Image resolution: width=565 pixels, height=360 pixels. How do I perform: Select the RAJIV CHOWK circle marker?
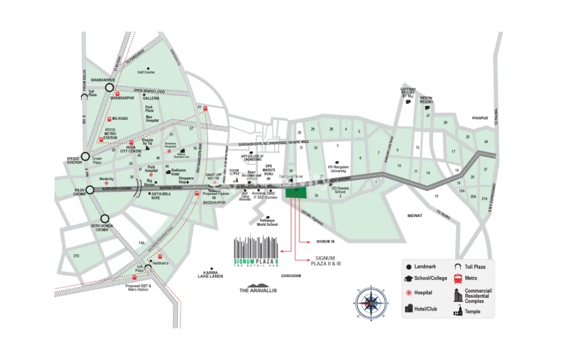click(89, 189)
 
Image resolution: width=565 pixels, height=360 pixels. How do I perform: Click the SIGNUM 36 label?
click(326, 241)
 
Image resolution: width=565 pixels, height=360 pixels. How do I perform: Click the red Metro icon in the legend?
click(457, 278)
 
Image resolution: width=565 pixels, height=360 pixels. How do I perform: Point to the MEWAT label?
click(414, 216)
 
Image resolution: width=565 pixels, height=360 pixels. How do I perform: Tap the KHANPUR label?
click(480, 118)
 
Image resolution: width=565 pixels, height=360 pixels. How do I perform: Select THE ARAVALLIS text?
click(258, 290)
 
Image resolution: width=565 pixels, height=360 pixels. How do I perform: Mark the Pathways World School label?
click(268, 223)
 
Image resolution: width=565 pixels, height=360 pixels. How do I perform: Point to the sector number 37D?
click(76, 256)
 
